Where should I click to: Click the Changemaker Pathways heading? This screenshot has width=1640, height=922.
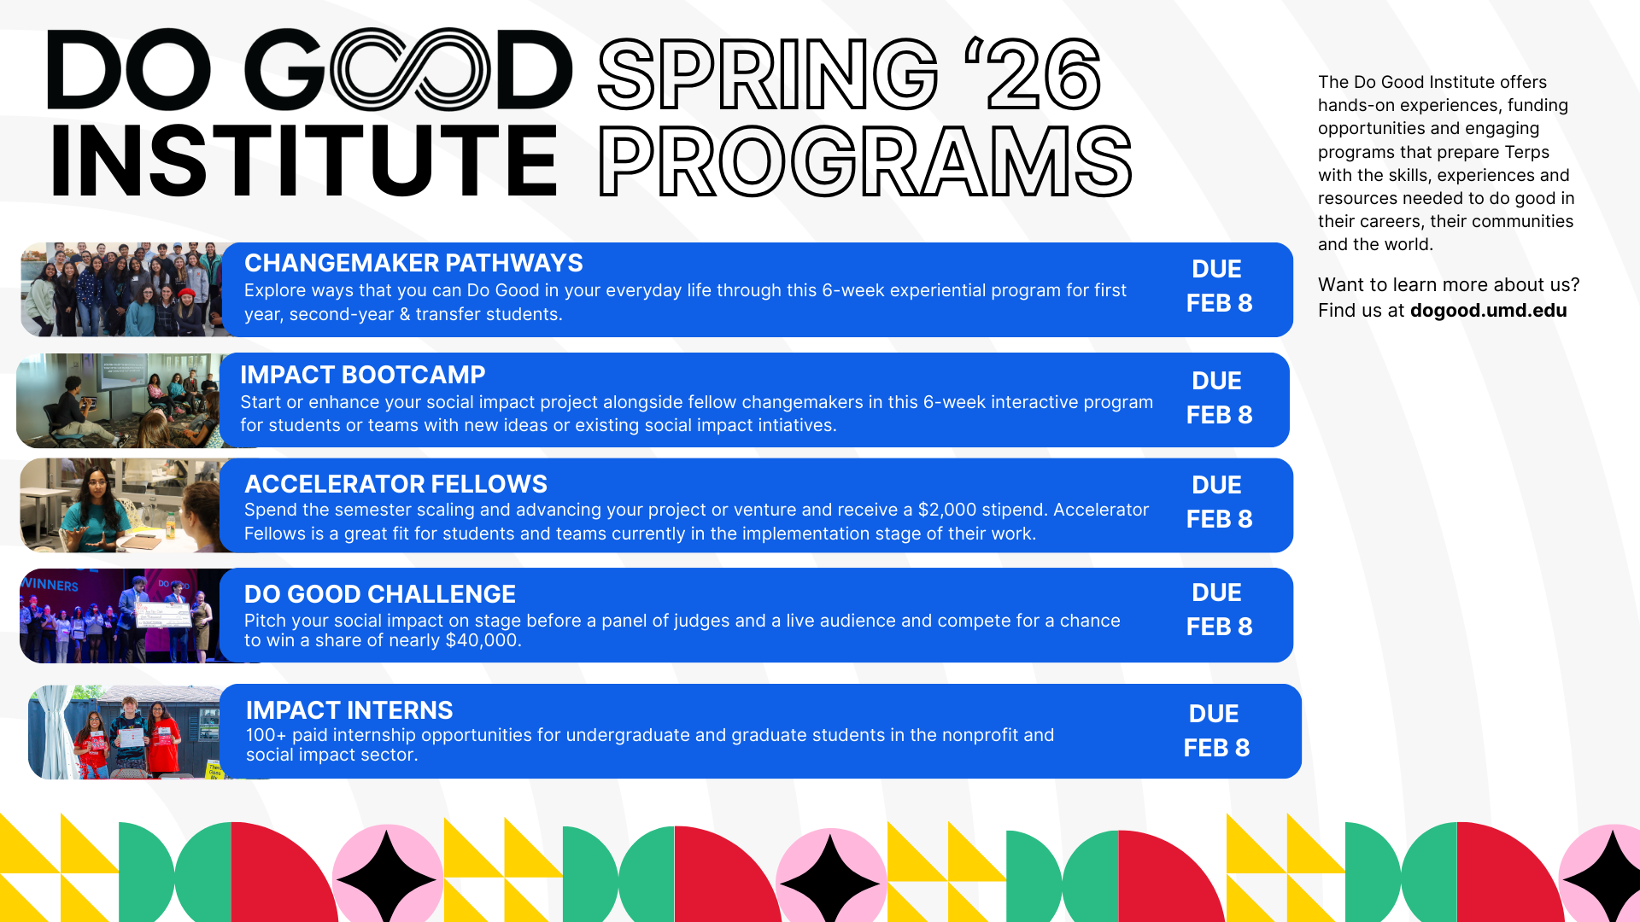pyautogui.click(x=413, y=263)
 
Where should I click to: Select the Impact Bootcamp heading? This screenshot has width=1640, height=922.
pyautogui.click(x=362, y=375)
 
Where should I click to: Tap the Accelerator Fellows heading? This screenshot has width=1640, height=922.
pyautogui.click(x=395, y=484)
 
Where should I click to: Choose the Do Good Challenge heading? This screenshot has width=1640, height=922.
pyautogui.click(x=380, y=594)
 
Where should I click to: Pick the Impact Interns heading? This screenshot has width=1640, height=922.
pyautogui.click(x=349, y=710)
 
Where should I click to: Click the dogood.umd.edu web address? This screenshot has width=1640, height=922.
pyautogui.click(x=1488, y=310)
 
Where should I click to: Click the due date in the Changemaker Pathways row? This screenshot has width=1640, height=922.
pyautogui.click(x=1219, y=286)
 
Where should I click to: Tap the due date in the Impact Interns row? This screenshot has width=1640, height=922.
pyautogui.click(x=1216, y=731)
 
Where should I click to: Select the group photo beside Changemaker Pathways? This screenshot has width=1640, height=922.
pyautogui.click(x=121, y=289)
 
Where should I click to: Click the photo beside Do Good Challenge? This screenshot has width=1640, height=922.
pyautogui.click(x=120, y=616)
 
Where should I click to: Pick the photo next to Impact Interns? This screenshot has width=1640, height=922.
pyautogui.click(x=125, y=732)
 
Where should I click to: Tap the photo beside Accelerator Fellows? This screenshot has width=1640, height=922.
pyautogui.click(x=120, y=505)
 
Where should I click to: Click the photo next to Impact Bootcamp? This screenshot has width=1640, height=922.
pyautogui.click(x=118, y=400)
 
